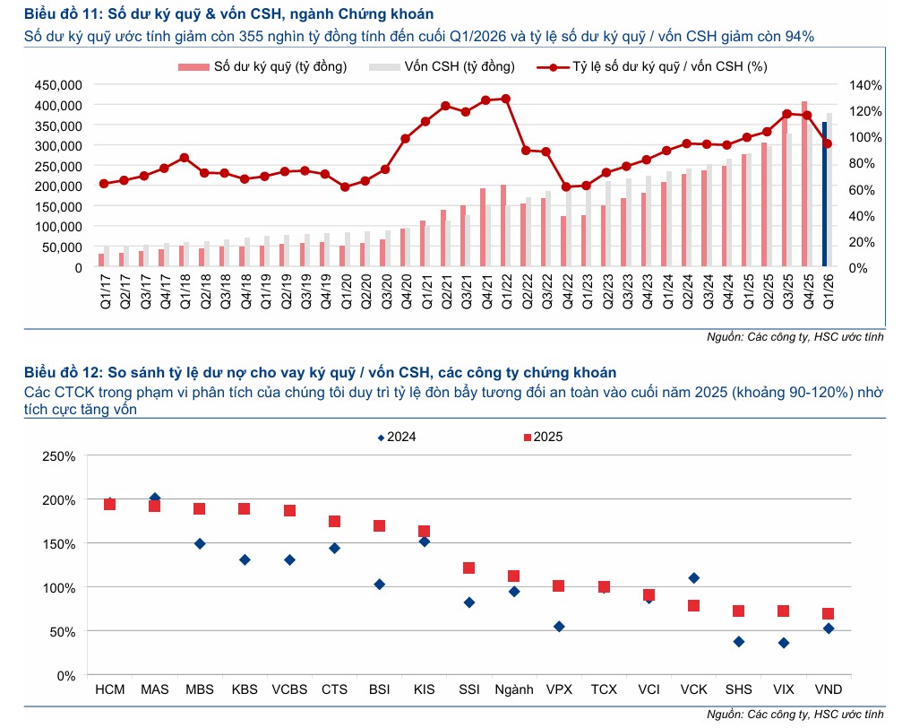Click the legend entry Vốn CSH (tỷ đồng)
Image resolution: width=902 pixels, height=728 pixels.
[x=442, y=66]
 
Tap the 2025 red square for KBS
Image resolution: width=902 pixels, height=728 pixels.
[x=244, y=509]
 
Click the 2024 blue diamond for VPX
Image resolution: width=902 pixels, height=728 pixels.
[x=559, y=627]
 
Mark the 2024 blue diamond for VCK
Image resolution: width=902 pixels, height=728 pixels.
[x=693, y=578]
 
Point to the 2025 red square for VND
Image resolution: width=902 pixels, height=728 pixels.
[x=829, y=614]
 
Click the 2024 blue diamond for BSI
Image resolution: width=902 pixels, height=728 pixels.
[x=379, y=585]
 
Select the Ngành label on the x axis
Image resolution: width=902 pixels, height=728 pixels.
[x=513, y=690]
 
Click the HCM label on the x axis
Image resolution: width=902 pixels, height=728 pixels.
[x=109, y=690]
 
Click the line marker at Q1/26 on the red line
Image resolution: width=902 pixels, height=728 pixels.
[x=828, y=143]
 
